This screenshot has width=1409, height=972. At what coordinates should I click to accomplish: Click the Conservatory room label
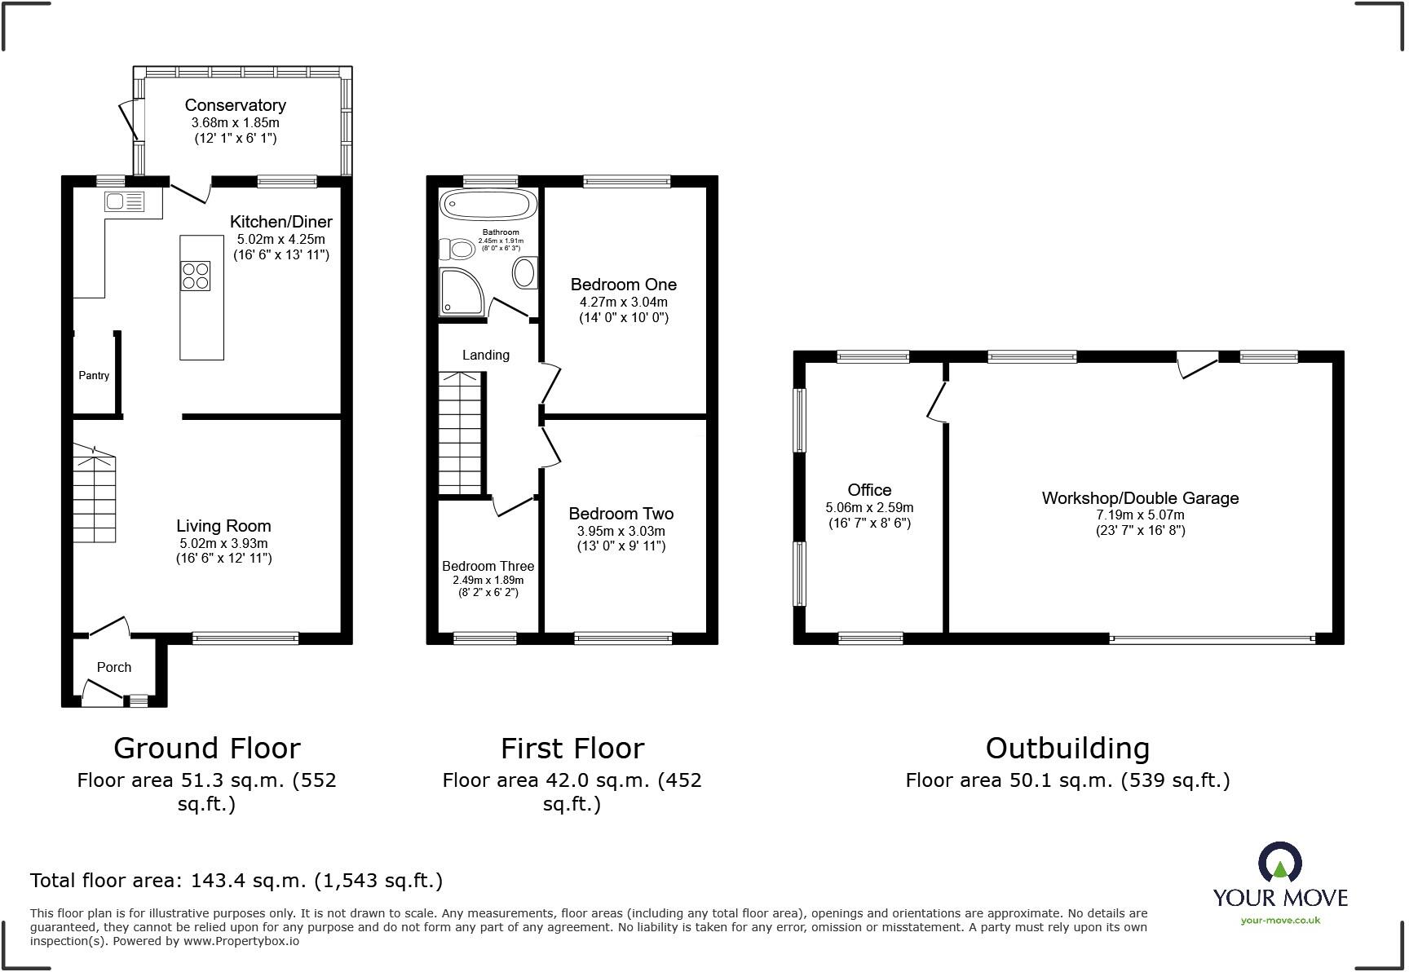tap(235, 105)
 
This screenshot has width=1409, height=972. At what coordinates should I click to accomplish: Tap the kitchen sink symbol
tap(124, 201)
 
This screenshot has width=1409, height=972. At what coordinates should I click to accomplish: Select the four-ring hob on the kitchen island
tap(196, 276)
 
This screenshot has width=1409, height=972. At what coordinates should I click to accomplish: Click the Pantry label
tap(94, 376)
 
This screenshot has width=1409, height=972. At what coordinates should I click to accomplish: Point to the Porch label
tap(114, 667)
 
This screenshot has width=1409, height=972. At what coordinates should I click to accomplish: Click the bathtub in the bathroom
tap(488, 205)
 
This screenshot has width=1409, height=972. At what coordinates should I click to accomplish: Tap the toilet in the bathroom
tap(458, 248)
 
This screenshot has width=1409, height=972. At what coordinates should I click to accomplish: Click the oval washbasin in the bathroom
tap(525, 272)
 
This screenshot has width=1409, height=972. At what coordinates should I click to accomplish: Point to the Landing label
tap(486, 355)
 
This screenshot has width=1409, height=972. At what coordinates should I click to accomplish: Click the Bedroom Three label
tap(488, 566)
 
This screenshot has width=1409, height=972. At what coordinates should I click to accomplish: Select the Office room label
tap(869, 490)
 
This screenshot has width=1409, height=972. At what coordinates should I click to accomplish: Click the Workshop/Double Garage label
tap(1140, 498)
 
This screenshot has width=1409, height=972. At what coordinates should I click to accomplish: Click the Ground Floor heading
tap(206, 748)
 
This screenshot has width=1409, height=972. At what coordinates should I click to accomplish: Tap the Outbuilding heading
tap(1067, 748)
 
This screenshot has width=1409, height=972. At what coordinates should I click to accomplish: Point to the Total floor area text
tap(236, 881)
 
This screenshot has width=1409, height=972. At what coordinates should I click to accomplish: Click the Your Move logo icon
tap(1279, 863)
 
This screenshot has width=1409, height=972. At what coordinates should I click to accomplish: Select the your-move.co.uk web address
tap(1280, 921)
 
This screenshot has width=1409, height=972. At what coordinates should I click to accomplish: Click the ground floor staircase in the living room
tap(94, 493)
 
